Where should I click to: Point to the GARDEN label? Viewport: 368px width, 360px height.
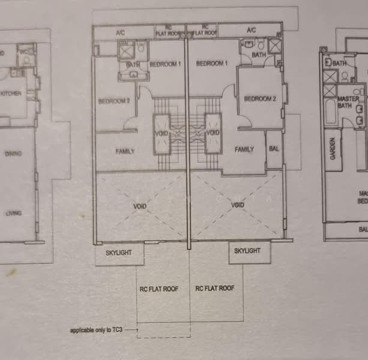click(x=332, y=147)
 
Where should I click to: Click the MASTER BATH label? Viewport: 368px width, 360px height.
click(x=348, y=102)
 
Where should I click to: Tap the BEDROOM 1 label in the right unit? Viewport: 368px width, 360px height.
click(x=211, y=64)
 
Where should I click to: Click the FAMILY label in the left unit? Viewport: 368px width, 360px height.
click(x=125, y=151)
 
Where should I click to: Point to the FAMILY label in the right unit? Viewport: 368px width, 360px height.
click(x=244, y=149)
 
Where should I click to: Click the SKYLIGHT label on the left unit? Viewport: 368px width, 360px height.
click(x=119, y=253)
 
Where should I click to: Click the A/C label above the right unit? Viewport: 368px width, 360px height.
click(x=251, y=30)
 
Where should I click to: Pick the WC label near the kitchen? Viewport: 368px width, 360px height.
click(x=25, y=52)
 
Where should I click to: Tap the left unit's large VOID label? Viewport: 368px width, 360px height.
click(x=139, y=206)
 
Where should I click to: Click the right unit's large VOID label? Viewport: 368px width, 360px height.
click(x=238, y=205)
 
